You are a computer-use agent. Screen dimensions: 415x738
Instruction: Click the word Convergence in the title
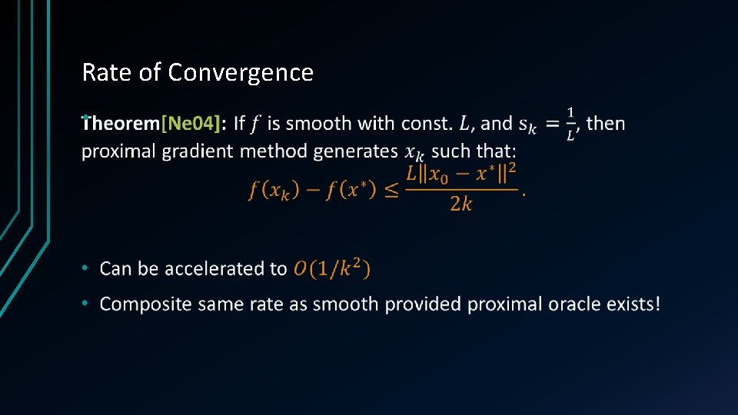coord(241,72)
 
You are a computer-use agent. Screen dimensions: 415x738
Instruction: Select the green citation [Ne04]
coord(191,123)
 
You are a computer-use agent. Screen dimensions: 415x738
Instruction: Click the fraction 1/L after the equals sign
coord(570,123)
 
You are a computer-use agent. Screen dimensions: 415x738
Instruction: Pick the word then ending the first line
coord(606,123)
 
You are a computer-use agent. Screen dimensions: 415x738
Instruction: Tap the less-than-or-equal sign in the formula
coord(391,190)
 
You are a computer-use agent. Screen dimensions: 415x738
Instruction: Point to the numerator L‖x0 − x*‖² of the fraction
coord(461,174)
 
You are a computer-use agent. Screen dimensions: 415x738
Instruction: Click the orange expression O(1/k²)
coord(332,268)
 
